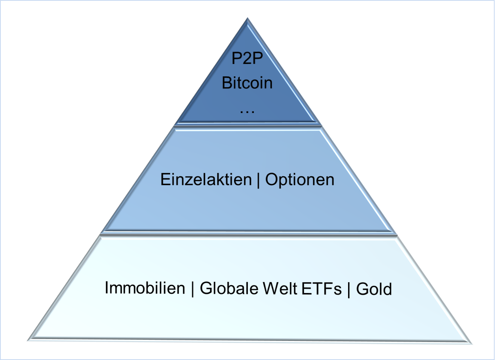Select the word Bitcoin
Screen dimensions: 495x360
click(247, 83)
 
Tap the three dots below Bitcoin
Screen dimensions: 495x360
click(247, 112)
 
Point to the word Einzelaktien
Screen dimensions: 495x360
click(206, 180)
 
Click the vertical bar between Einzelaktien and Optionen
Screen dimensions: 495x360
click(258, 180)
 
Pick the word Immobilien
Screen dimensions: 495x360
click(145, 288)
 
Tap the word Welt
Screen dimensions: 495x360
click(280, 288)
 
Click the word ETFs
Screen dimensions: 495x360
click(322, 289)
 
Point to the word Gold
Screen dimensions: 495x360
click(374, 289)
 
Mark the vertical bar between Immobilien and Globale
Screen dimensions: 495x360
click(193, 289)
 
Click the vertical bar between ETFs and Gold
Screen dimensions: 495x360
click(349, 290)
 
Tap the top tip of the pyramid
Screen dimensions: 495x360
click(247, 18)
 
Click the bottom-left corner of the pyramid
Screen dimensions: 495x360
click(28, 341)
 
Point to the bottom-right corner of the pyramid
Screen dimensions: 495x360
click(471, 344)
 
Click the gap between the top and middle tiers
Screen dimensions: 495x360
click(248, 125)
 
